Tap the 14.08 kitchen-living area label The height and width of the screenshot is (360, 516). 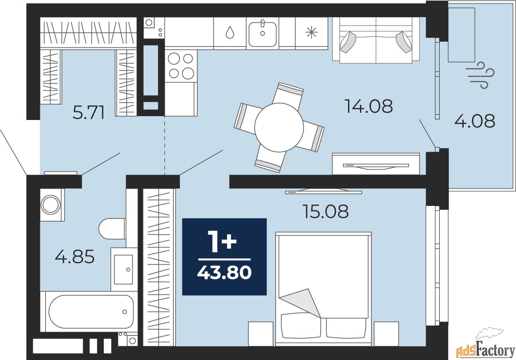click(369, 106)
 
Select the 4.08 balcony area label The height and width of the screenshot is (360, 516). click(475, 121)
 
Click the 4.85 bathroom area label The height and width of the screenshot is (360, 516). click(75, 257)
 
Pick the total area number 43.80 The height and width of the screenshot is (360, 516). click(225, 273)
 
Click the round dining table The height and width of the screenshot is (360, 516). click(279, 127)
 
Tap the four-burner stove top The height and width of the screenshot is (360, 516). click(180, 66)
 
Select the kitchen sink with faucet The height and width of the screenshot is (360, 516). click(263, 33)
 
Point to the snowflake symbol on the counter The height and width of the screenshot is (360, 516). click(312, 32)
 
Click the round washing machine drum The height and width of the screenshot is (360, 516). click(51, 204)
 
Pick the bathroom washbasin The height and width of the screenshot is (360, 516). click(123, 269)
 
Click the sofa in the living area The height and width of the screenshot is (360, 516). click(376, 39)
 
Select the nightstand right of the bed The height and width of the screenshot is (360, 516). click(386, 333)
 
